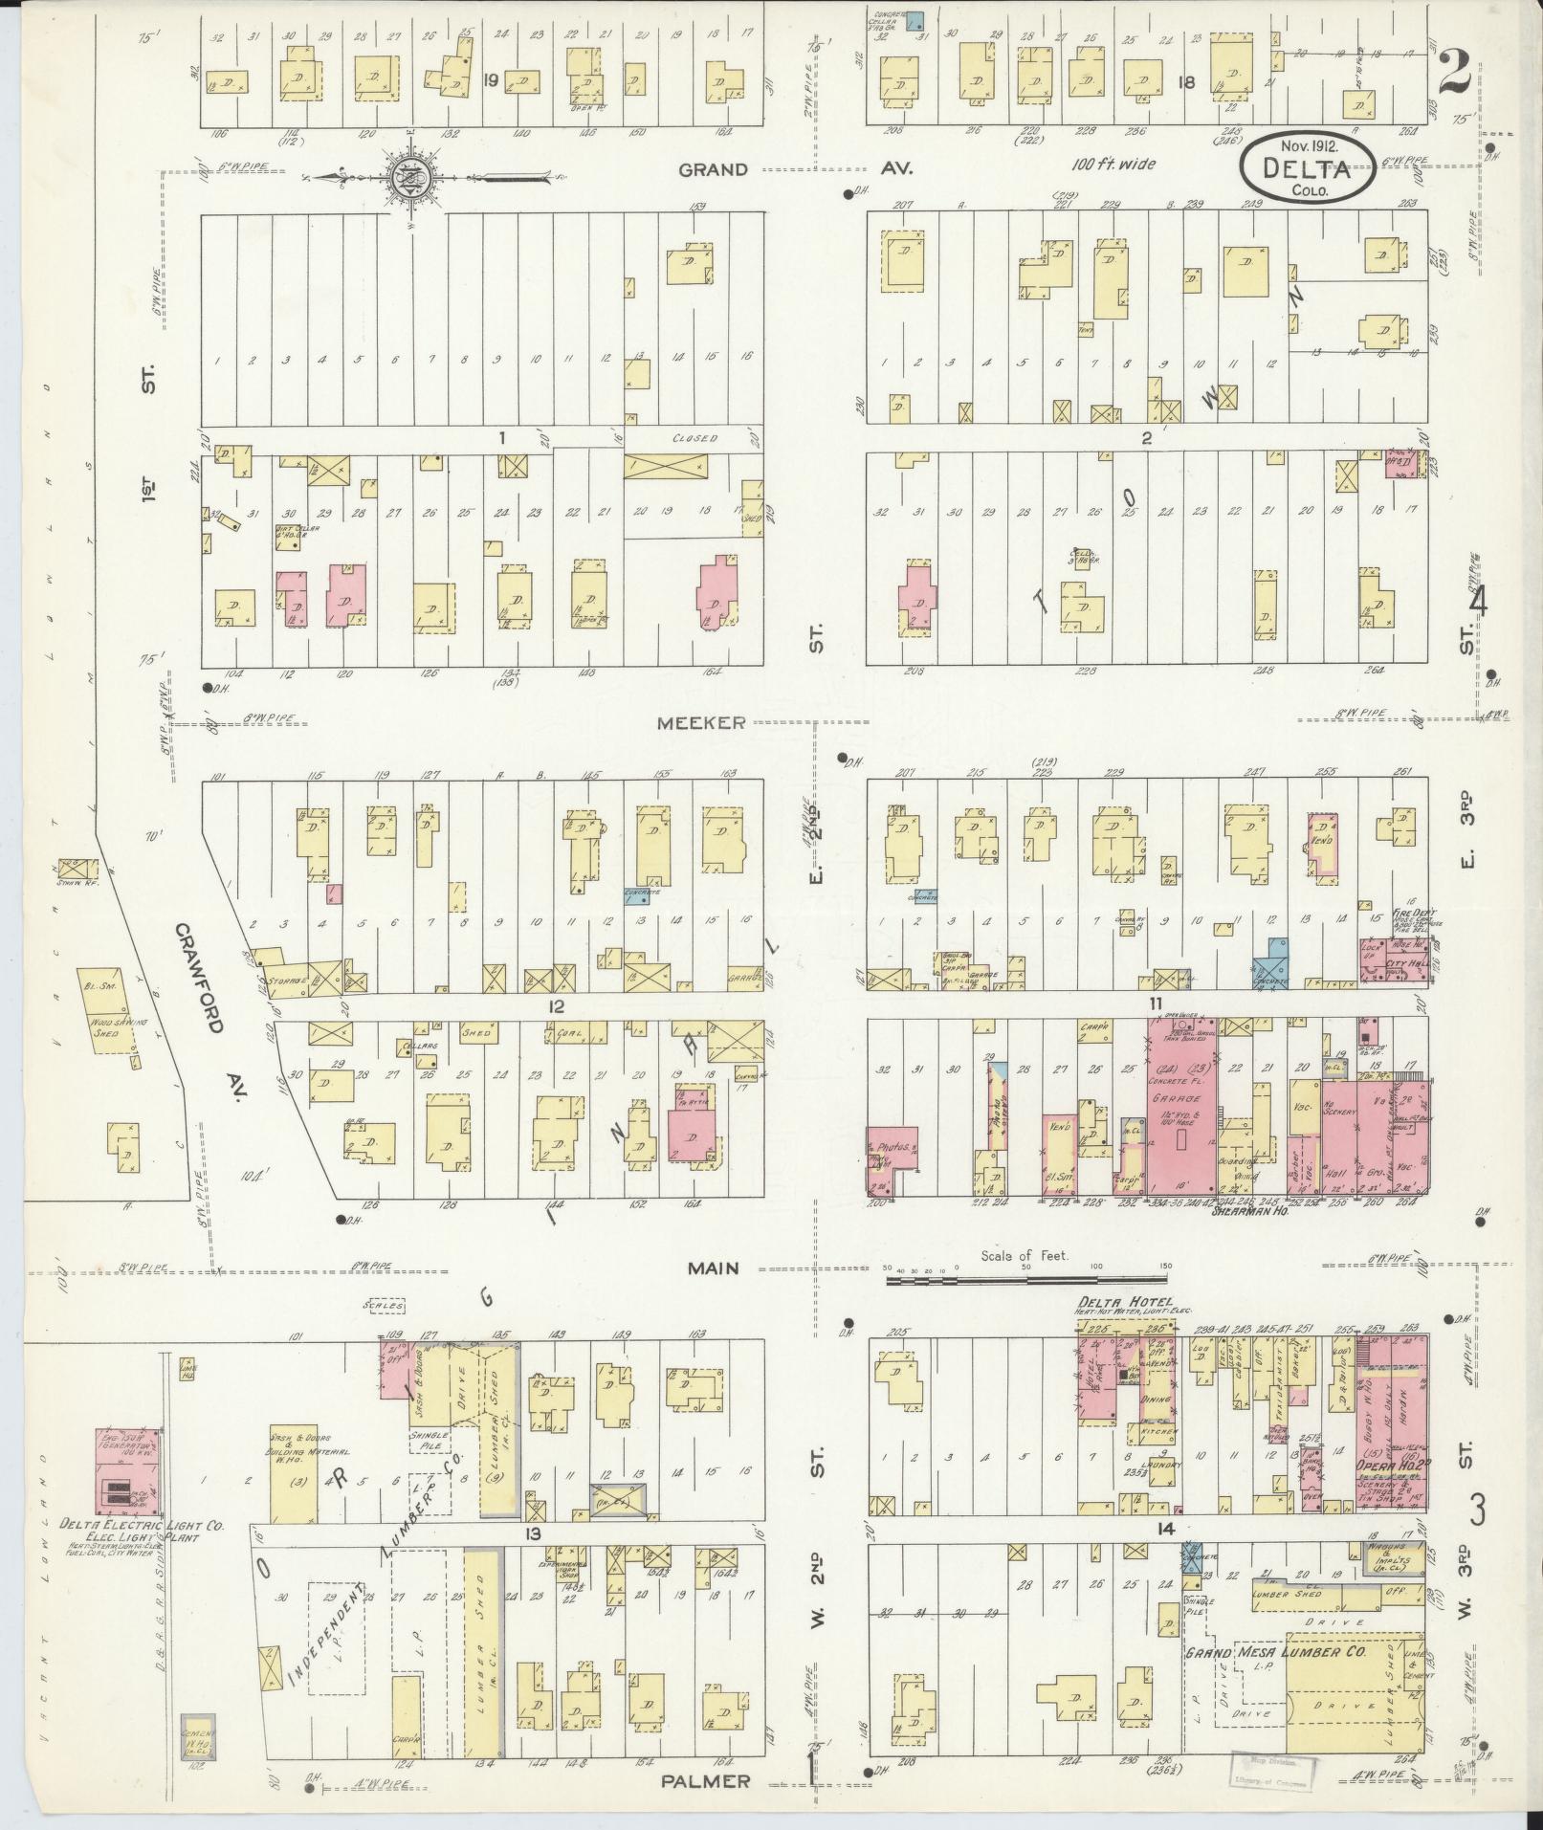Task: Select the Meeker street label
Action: (700, 723)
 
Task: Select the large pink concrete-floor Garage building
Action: (1180, 1110)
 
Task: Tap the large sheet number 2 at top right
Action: (1452, 72)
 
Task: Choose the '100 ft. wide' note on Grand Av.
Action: (1113, 164)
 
